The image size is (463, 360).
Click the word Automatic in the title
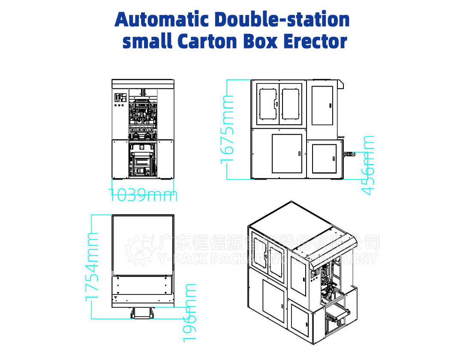coord(162,20)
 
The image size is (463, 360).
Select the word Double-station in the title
coord(282,20)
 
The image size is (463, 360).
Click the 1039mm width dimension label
coord(143,195)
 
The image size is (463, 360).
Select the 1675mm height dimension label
coord(228,129)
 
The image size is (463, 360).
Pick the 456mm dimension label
coord(368,165)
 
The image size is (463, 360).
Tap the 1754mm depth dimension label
coord(92,266)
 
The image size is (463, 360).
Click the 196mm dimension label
coord(189,312)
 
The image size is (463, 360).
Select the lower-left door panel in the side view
coord(287,153)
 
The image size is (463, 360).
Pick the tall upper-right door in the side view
coord(322,105)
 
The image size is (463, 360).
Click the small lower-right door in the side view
coord(324,159)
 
